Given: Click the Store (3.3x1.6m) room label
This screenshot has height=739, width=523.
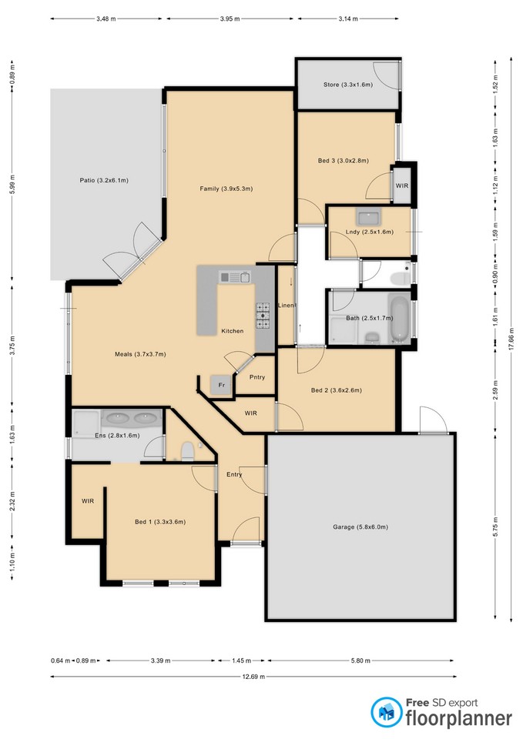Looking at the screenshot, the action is (348, 85).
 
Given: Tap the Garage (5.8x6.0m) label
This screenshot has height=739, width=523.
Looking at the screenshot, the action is (360, 527).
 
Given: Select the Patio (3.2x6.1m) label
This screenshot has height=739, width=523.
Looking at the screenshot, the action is (104, 180).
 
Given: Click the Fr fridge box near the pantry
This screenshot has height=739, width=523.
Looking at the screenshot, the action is (221, 385).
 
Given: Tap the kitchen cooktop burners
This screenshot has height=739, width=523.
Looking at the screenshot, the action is (263, 316).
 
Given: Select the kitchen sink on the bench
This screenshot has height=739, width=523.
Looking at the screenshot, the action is (234, 277).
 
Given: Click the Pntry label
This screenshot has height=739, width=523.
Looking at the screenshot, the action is (257, 377).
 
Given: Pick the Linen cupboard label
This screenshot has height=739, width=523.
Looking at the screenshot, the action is (287, 306).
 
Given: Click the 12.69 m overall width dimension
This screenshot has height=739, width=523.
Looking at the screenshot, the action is (253, 677).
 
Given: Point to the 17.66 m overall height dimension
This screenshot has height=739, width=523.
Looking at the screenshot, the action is (511, 339).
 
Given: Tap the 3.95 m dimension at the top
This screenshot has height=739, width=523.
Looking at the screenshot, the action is (230, 18).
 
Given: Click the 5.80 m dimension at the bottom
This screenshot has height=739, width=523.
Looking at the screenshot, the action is (360, 660).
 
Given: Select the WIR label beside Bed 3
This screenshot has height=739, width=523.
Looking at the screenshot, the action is (402, 186).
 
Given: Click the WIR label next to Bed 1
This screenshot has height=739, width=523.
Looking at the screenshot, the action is (88, 501).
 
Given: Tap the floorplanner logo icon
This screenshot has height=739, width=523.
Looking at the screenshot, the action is (386, 711).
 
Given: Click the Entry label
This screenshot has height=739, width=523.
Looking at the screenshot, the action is (234, 475).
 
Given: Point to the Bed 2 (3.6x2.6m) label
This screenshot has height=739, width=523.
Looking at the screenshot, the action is (337, 390).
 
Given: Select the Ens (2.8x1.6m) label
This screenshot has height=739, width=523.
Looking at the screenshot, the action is (117, 436).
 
